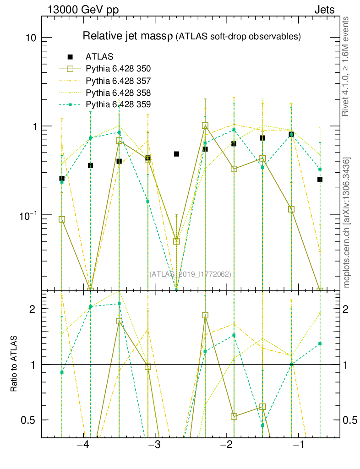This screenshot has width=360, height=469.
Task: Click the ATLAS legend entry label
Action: point(99,57)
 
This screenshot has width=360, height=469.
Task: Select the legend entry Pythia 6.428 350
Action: point(118,69)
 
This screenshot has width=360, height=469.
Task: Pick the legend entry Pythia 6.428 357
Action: point(118,81)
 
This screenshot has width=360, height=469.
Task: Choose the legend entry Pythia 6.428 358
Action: point(118,93)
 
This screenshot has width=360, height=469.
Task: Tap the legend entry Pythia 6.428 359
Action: point(118,105)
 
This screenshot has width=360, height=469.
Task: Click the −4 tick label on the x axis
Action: point(82,446)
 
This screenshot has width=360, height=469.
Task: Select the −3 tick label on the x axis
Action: point(155,446)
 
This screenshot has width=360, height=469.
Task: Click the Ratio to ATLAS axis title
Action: point(14,364)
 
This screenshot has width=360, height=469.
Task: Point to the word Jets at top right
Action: point(324,10)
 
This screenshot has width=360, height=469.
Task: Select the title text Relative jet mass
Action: point(126,36)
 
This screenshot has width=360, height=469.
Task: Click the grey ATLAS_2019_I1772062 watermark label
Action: point(190,274)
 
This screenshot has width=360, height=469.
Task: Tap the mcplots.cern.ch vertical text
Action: point(347,223)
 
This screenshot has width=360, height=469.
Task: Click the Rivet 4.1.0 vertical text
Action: point(347,66)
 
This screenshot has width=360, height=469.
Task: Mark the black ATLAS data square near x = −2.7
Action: point(176,154)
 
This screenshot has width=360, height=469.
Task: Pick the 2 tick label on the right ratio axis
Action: point(346,309)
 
